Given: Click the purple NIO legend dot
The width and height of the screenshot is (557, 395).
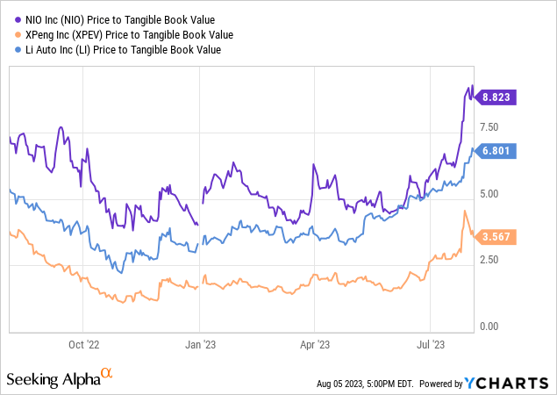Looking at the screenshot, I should [11, 18].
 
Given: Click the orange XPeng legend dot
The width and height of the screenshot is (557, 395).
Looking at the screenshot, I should [11, 34].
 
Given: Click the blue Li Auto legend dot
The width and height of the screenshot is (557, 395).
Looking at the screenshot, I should [11, 50].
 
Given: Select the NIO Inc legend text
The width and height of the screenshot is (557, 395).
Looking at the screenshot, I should [118, 18].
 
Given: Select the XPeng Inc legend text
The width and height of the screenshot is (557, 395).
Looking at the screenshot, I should [126, 34].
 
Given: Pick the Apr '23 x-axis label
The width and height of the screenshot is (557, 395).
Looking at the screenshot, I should [314, 345].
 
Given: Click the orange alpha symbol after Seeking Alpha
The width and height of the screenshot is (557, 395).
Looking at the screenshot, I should [108, 375].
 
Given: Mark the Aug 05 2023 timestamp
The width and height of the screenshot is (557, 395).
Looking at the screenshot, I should [364, 384].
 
